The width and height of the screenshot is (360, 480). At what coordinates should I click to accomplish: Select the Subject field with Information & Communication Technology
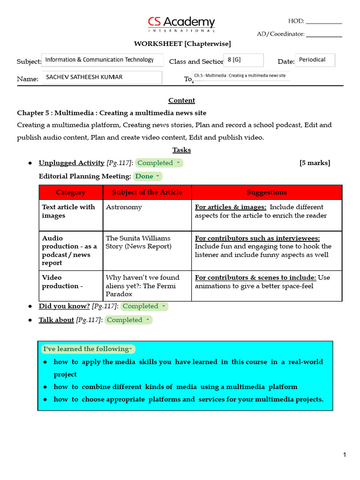(103, 60)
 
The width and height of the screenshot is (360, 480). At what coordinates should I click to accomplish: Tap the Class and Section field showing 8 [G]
(243, 60)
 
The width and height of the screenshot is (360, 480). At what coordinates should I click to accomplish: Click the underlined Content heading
(181, 100)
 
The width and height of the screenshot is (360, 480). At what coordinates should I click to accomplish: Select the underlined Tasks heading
(181, 150)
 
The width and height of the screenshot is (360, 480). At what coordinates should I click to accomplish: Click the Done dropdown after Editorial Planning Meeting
(148, 176)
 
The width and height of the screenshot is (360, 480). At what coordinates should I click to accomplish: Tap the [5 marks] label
(315, 163)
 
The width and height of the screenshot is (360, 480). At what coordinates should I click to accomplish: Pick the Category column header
(71, 192)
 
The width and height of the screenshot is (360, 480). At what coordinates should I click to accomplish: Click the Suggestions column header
(267, 192)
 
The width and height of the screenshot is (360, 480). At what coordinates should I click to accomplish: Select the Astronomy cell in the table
(124, 207)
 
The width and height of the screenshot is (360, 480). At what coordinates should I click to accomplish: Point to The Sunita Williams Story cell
(138, 242)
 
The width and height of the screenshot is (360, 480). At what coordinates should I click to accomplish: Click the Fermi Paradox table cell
(142, 285)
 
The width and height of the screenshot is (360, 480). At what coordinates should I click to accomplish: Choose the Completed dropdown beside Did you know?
(144, 307)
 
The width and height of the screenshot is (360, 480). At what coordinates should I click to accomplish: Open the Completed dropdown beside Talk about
(128, 320)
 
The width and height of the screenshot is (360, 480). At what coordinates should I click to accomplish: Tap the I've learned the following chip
(88, 349)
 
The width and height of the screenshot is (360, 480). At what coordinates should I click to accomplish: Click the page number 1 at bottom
(344, 455)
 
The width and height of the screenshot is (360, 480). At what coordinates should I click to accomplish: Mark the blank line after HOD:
(324, 22)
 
